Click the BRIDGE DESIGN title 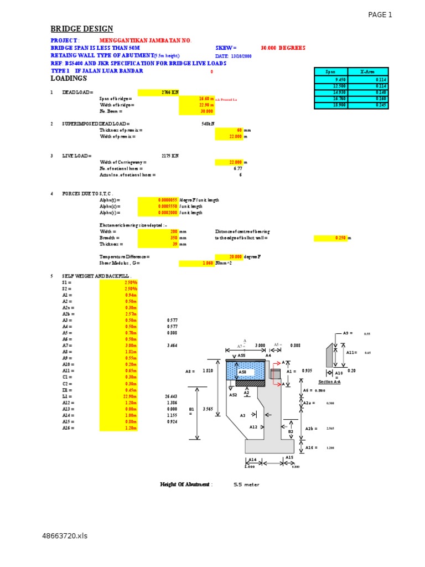click(x=82, y=29)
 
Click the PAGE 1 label click(x=380, y=15)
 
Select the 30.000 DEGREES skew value click(x=283, y=48)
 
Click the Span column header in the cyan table click(x=330, y=71)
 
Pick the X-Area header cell click(x=367, y=71)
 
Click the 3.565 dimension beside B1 click(x=208, y=409)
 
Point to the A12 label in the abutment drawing click(x=253, y=427)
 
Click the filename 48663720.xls click(x=65, y=536)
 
